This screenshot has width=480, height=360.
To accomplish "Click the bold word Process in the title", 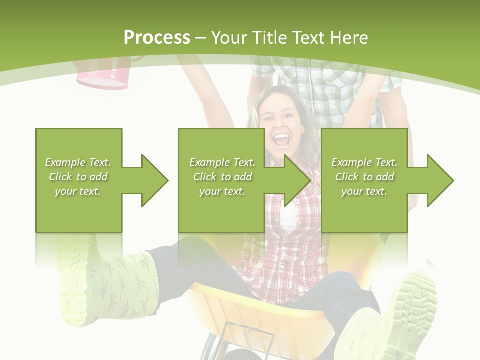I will [x=157, y=38].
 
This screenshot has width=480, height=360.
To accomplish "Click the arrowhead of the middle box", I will [x=296, y=180].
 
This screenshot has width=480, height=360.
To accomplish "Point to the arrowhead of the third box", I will [x=439, y=180].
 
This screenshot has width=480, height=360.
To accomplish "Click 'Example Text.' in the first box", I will [x=78, y=162].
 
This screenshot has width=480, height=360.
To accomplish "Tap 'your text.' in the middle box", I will [x=222, y=191].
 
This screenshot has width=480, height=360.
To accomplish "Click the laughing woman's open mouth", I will [x=283, y=140].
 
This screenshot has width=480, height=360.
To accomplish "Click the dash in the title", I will [x=201, y=38].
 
